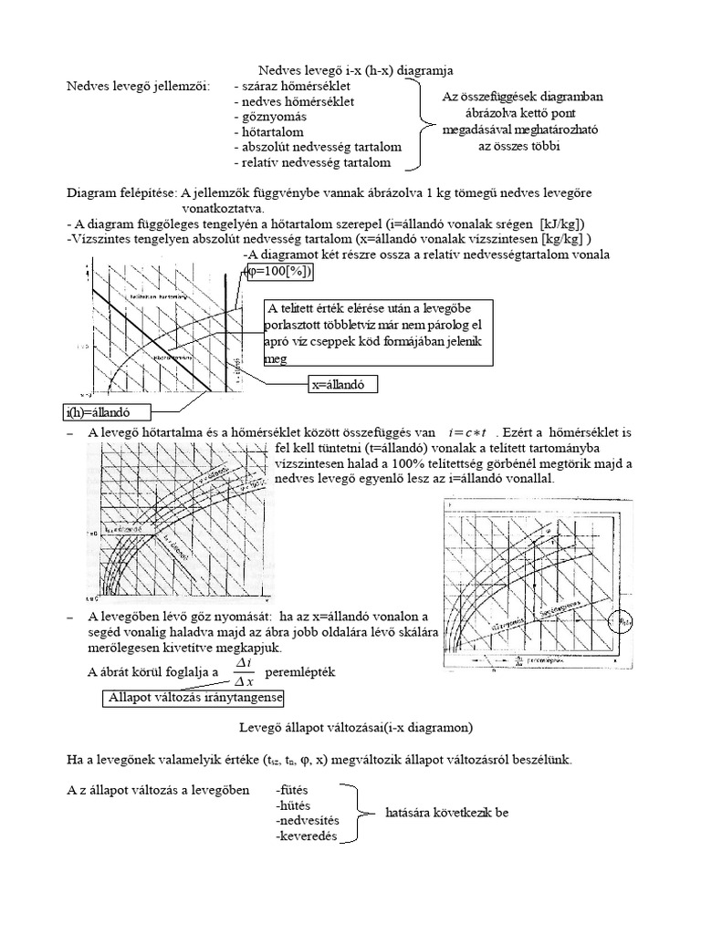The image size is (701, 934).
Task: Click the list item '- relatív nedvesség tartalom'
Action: point(311,162)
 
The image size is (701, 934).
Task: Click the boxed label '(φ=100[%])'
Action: point(279,272)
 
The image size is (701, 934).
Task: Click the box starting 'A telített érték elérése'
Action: point(377,333)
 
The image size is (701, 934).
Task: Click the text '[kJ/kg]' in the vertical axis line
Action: point(560,223)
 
